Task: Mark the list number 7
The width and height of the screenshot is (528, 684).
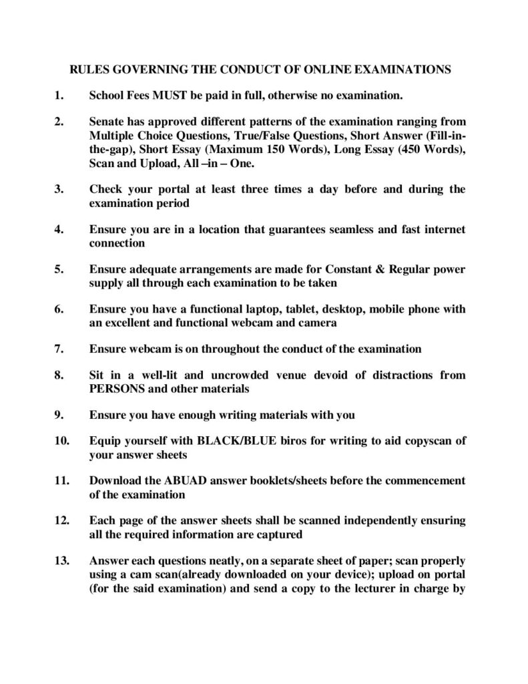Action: click(x=59, y=349)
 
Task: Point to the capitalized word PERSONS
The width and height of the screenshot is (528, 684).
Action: click(x=116, y=389)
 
